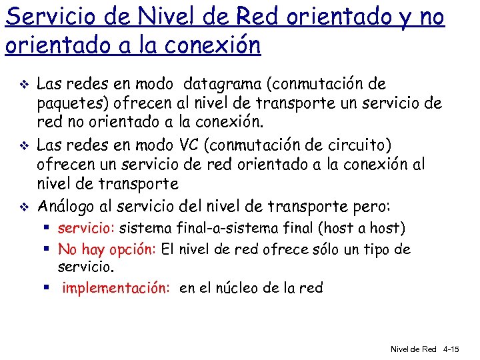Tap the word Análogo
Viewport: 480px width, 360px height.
click(66, 204)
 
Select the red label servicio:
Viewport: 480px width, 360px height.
click(87, 229)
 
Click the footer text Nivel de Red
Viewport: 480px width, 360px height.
click(413, 349)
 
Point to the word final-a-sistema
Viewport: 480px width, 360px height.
click(218, 229)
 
